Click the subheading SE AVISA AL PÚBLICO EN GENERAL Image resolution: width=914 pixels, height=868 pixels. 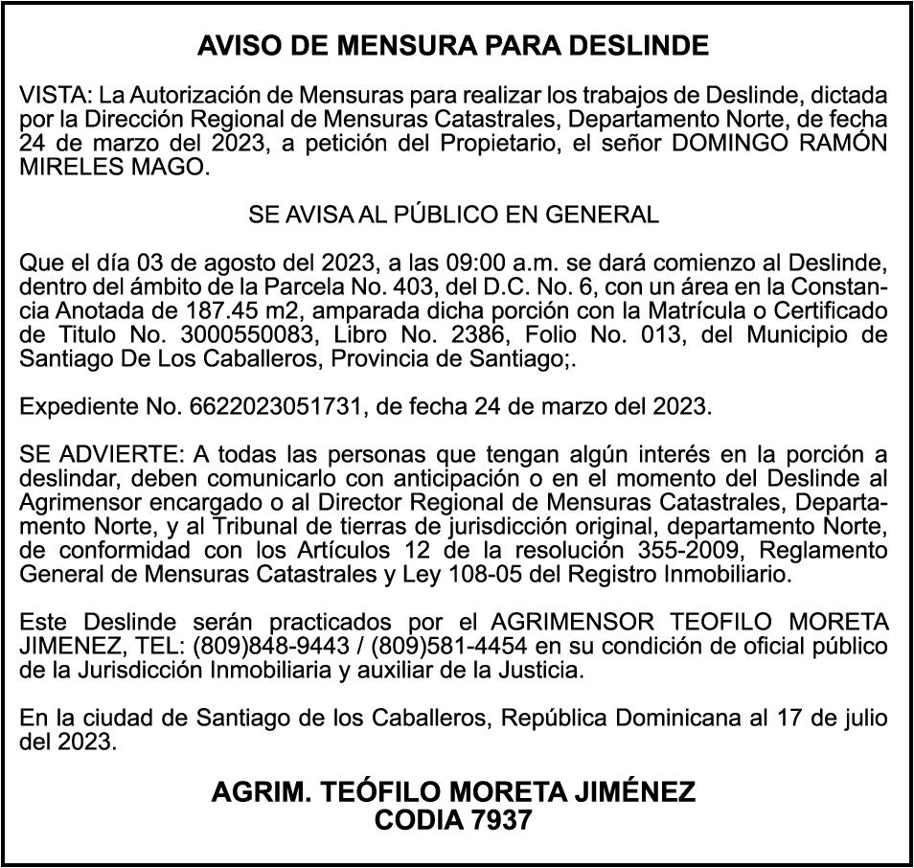tap(453, 215)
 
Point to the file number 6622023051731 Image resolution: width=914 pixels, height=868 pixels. tap(279, 406)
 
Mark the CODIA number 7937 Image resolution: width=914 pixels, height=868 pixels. tap(498, 821)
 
